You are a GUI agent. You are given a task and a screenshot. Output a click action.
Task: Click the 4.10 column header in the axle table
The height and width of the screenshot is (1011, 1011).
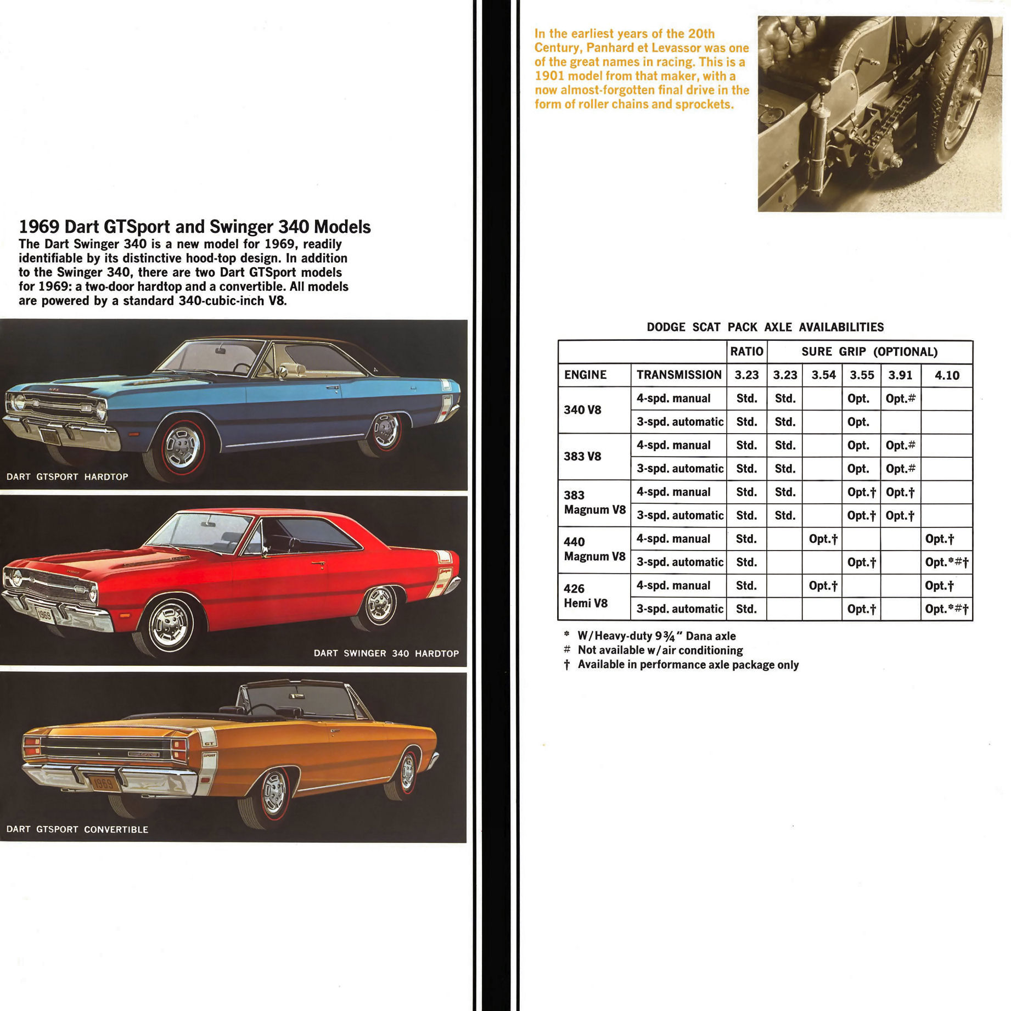947,375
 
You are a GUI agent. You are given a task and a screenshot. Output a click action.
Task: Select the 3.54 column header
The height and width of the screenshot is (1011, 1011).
823,375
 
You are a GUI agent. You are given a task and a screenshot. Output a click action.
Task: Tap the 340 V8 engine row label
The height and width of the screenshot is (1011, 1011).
582,410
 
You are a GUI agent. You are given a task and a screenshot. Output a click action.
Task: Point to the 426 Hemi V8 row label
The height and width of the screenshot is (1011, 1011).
585,596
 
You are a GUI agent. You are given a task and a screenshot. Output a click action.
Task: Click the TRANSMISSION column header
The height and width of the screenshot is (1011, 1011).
679,375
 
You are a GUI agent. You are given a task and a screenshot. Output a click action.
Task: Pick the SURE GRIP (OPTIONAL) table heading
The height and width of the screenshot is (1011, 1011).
869,352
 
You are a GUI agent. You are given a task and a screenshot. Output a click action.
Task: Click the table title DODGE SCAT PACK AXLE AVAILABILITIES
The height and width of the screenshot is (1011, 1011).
765,327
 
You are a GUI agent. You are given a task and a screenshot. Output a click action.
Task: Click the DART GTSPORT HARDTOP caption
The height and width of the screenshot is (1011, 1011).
68,477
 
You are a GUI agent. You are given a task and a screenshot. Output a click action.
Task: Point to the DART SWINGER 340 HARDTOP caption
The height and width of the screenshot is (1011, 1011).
386,653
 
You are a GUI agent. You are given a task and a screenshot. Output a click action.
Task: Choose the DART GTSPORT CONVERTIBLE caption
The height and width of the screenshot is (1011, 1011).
77,829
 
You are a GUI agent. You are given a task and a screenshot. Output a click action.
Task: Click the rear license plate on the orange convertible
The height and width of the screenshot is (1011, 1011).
103,783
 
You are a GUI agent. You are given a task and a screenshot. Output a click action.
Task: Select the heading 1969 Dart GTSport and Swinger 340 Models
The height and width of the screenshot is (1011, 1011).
195,227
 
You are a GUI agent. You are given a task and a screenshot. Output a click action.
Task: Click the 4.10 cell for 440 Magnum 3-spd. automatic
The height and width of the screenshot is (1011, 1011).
947,563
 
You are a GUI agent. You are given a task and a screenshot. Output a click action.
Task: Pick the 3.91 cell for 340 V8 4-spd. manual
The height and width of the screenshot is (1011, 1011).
900,399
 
